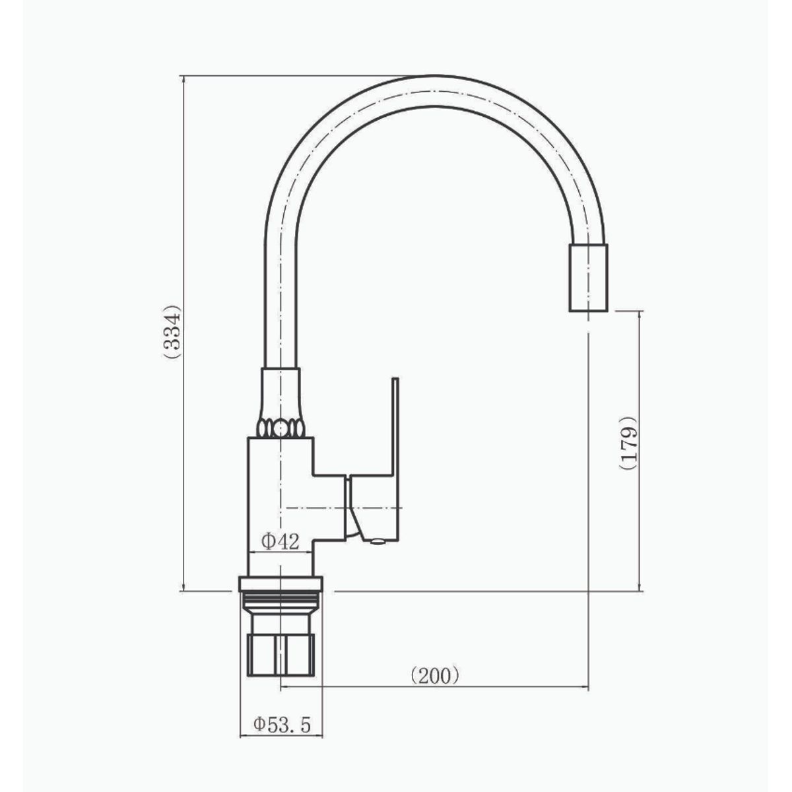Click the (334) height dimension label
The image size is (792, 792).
click(172, 332)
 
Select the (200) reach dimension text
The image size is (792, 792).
click(435, 675)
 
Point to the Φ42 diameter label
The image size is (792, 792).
click(280, 541)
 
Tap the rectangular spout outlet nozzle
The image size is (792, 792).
click(588, 277)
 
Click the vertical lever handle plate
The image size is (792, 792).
click(395, 460)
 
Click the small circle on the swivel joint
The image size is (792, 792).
click(280, 430)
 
